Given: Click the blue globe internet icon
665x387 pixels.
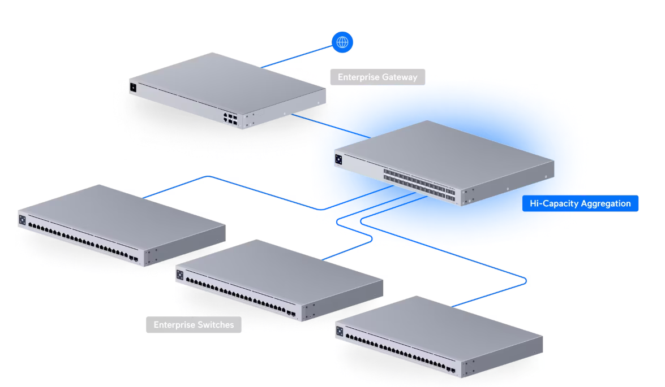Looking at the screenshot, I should (342, 42).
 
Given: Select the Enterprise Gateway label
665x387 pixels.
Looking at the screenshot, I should (377, 77).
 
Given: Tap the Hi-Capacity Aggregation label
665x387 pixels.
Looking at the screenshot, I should (580, 203).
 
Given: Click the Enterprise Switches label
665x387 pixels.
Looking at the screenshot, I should (194, 325).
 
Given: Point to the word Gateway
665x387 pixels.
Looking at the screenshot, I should (399, 77).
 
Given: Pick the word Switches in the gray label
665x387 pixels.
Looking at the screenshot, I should (215, 325).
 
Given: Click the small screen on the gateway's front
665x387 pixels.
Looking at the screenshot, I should (133, 88).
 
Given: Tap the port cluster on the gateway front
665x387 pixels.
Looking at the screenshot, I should (230, 119).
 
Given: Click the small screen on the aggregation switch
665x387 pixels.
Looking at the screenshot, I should (338, 160).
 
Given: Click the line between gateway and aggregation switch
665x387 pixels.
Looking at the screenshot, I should (331, 126).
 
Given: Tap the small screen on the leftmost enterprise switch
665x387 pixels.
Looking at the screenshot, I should (23, 219).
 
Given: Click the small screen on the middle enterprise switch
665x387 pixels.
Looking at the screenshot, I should (180, 275).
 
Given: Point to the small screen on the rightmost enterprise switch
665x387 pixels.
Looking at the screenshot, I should (340, 332).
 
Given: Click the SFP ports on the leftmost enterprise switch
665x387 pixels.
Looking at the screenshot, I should (134, 259).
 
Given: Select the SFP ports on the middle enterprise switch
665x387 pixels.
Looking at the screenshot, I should (291, 313).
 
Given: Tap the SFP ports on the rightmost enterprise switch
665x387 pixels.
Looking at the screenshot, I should (451, 370).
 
